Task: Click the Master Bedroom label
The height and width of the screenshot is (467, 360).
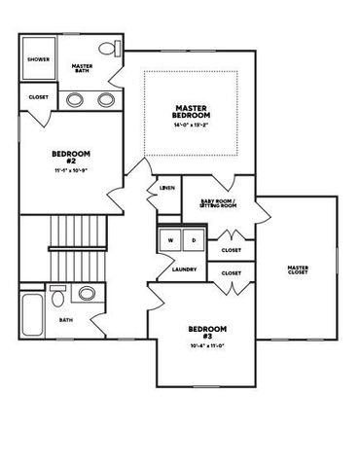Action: pos(192,111)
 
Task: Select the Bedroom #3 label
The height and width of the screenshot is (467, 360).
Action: pos(207,332)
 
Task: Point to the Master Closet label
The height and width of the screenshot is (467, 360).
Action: pos(297,270)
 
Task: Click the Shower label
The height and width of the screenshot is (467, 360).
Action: pos(38,59)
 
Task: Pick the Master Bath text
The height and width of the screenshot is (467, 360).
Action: pos(83,68)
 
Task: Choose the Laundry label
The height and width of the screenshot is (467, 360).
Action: pos(185,269)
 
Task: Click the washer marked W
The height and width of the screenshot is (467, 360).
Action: pos(171,240)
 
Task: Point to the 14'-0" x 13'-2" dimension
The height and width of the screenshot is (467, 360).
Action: pos(192,126)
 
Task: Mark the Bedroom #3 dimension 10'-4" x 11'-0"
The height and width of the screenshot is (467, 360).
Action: pos(207,347)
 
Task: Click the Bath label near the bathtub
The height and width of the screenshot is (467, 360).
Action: pos(66,319)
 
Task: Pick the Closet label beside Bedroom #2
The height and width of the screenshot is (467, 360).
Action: pos(39,97)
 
